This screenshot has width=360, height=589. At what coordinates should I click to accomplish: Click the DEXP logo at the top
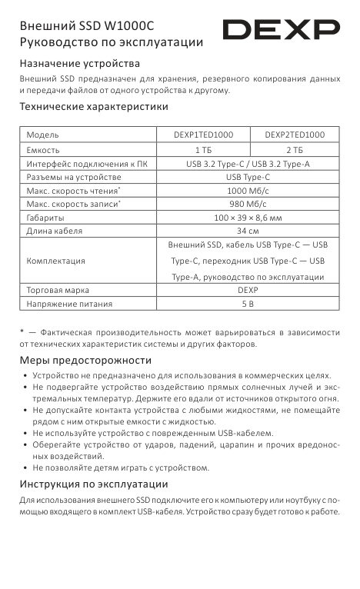(281, 31)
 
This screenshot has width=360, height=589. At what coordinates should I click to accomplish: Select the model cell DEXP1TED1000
(203, 135)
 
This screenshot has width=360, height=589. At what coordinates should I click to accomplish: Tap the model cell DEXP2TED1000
(295, 135)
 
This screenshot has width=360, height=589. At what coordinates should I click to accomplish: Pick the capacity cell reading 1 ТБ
(203, 150)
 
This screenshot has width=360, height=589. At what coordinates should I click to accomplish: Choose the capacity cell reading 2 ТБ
(295, 150)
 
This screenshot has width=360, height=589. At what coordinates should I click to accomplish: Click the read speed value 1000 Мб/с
(248, 191)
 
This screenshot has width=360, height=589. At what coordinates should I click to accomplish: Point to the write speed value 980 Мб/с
(248, 205)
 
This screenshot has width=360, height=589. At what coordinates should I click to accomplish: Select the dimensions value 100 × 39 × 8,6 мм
(248, 218)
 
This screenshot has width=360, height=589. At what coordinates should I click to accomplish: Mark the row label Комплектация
(55, 261)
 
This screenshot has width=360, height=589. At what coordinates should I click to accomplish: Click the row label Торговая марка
(58, 291)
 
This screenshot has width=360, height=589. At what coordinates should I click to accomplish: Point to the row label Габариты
(45, 218)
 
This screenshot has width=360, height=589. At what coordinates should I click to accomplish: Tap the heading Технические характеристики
(94, 108)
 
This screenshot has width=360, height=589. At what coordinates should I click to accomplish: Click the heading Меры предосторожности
(85, 361)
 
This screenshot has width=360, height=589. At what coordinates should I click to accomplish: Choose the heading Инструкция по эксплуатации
(93, 484)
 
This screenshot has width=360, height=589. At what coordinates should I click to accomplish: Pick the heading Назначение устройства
(79, 63)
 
